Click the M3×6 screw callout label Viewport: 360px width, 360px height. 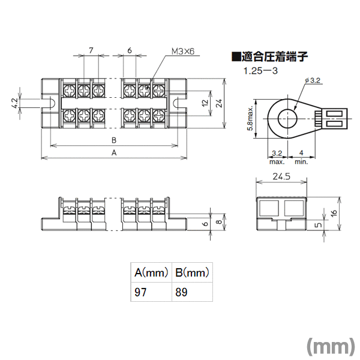pyautogui.click(x=183, y=52)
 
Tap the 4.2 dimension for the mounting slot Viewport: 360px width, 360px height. pyautogui.click(x=14, y=103)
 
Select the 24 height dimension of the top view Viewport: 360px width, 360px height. pyautogui.click(x=219, y=103)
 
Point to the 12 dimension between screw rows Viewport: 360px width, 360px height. pyautogui.click(x=205, y=103)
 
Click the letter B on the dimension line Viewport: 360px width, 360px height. pyautogui.click(x=114, y=140)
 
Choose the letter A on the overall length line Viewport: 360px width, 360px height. pyautogui.click(x=114, y=152)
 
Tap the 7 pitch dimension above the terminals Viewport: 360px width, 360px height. pyautogui.click(x=91, y=50)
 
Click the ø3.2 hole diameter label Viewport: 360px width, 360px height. pyautogui.click(x=313, y=80)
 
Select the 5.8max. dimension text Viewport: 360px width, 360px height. pyautogui.click(x=250, y=118)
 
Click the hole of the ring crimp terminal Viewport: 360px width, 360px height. pyautogui.click(x=287, y=119)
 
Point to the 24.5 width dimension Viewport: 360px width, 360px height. pyautogui.click(x=281, y=176)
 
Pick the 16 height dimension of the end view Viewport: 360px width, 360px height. pyautogui.click(x=334, y=212)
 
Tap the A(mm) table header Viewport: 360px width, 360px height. pyautogui.click(x=151, y=272)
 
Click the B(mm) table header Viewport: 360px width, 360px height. pyautogui.click(x=192, y=272)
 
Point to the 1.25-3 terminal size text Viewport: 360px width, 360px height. pyautogui.click(x=260, y=70)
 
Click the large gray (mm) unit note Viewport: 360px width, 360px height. pyautogui.click(x=331, y=346)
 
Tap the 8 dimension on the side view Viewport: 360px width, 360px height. pyautogui.click(x=219, y=221)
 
